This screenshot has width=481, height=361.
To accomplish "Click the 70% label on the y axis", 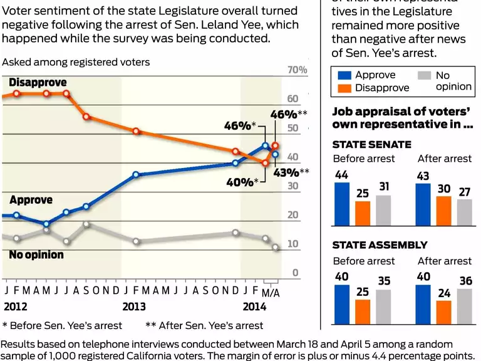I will tap(297, 70).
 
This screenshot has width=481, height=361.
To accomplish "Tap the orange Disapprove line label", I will tap(38, 83).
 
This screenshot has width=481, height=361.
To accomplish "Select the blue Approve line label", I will tap(31, 200).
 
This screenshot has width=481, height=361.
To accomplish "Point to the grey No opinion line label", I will tap(36, 255).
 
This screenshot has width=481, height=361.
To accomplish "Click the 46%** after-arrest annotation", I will tap(288, 114).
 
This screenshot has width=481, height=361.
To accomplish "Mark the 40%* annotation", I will tap(241, 182).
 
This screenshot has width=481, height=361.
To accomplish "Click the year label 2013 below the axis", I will tap(134, 306).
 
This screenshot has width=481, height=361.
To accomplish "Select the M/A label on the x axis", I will tap(270, 293).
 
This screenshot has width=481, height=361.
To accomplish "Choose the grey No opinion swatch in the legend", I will tap(425, 75).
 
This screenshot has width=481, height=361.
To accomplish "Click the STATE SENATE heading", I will tap(371, 144).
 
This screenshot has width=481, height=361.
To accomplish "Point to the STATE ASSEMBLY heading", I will tap(380, 245).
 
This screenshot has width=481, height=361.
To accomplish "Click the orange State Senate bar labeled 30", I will tap(443, 211).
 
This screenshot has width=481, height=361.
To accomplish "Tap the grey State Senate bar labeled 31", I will tap(383, 210).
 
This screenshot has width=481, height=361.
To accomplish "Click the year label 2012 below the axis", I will tap(16, 306).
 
